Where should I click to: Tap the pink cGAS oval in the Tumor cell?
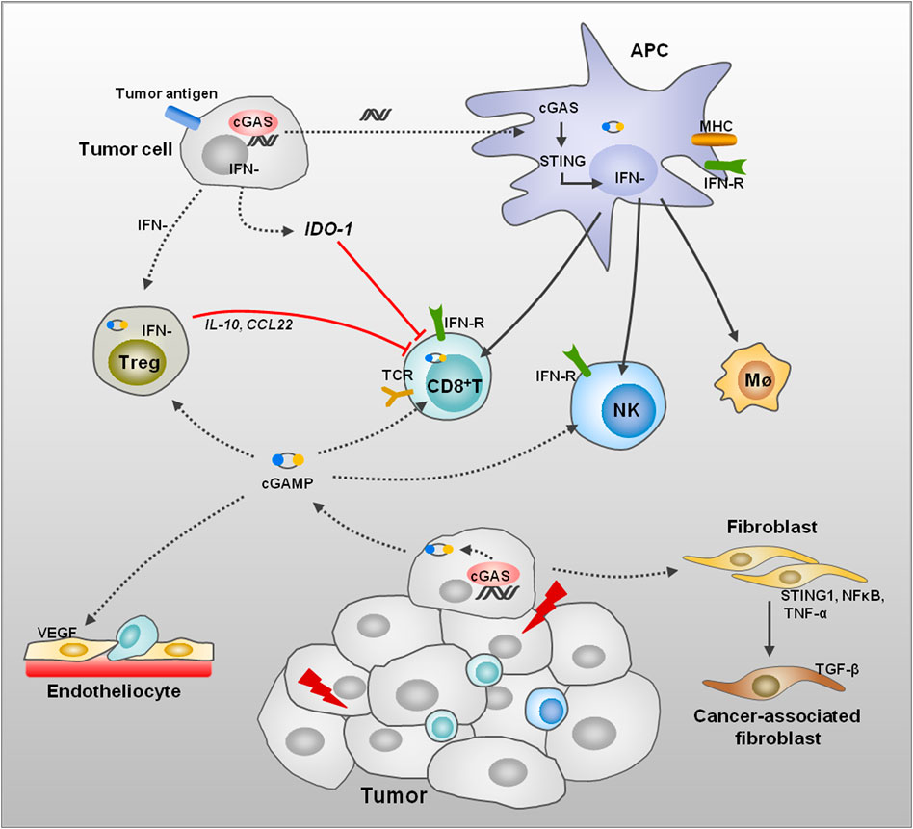point(253,122)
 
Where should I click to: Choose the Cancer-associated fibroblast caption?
point(782,726)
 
